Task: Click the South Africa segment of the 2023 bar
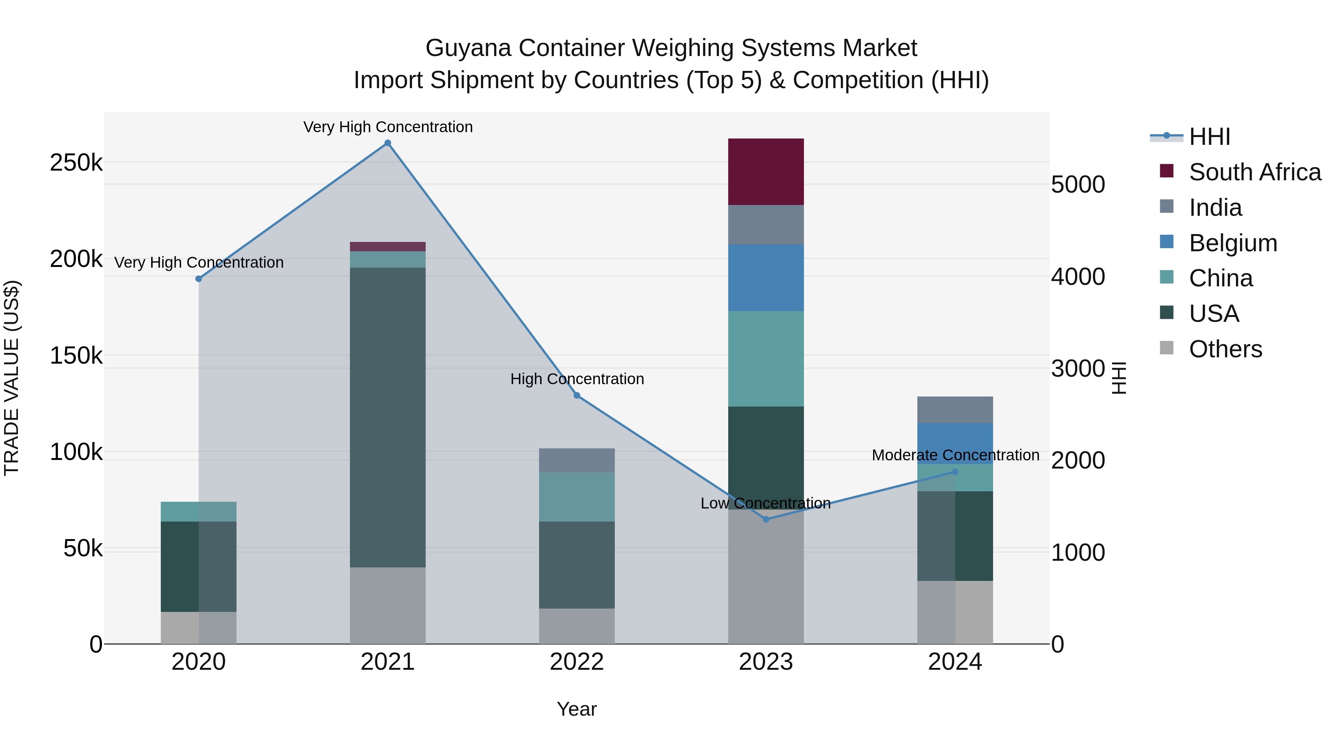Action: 766,172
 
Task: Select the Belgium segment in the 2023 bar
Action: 766,277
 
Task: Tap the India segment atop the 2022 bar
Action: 577,460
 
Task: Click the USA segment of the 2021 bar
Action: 387,417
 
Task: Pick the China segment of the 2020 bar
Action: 198,511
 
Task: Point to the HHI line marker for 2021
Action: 387,143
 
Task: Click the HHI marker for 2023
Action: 766,519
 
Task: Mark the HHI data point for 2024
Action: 955,472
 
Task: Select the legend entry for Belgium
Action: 1233,243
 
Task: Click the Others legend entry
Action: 1225,349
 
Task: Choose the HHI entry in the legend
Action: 1209,137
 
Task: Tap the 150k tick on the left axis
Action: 76,356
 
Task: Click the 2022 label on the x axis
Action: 577,662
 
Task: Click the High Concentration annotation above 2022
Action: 577,379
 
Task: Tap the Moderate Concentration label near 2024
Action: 955,455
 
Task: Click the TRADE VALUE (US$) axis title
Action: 12,378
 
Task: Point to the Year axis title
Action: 577,709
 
